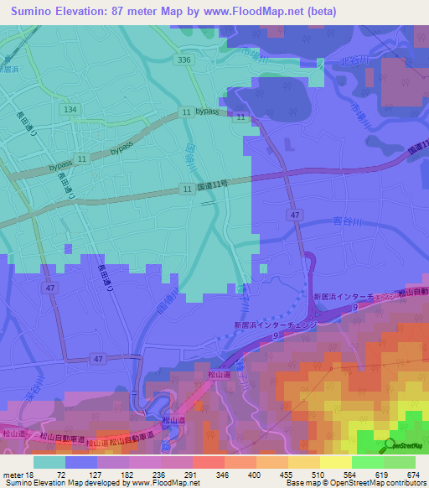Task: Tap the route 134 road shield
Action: point(70,110)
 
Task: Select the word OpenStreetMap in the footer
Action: point(388,484)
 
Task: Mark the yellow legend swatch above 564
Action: point(335,462)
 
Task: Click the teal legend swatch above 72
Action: point(49,462)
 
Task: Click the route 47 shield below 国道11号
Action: point(295,215)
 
